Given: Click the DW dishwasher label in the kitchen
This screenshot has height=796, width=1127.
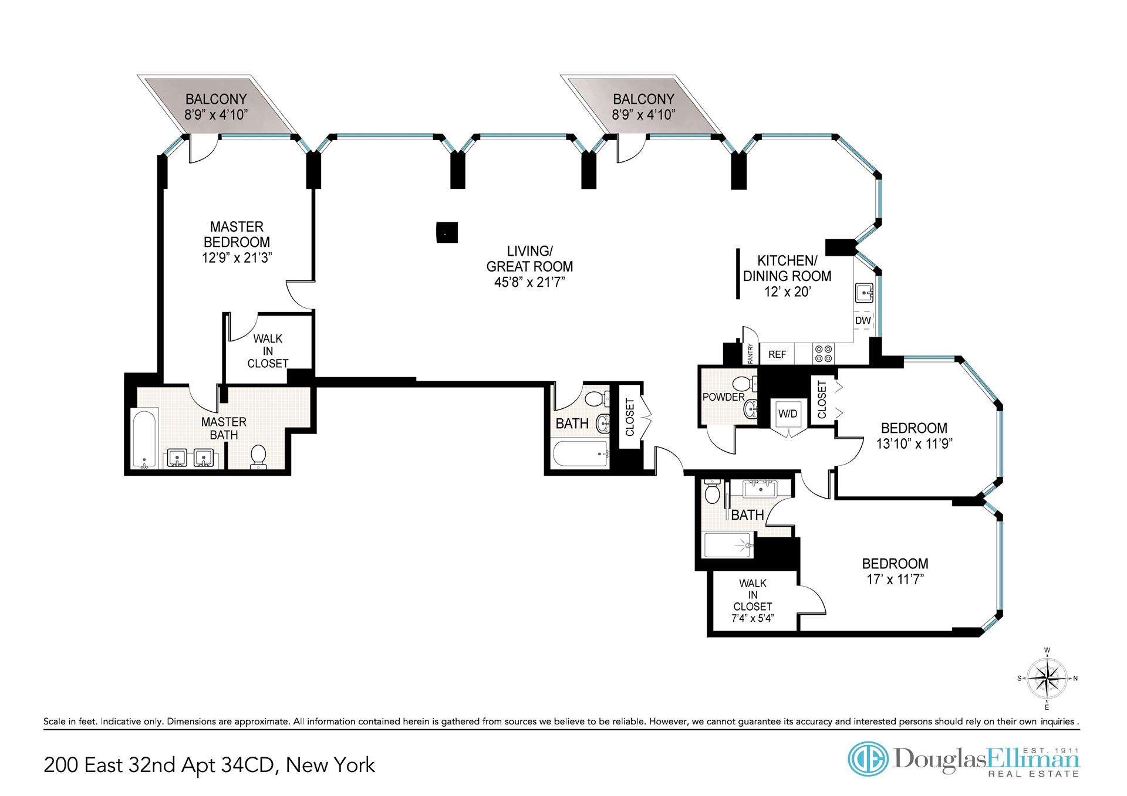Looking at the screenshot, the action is (863, 321).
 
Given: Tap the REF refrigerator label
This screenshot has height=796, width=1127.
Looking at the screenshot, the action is (777, 354).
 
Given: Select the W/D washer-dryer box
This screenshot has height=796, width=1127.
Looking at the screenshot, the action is (788, 414).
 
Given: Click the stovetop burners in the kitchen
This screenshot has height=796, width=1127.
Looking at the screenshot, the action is (823, 353).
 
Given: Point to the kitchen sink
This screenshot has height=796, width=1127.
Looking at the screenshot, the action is (863, 292).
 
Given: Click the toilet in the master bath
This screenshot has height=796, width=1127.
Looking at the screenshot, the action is (258, 456).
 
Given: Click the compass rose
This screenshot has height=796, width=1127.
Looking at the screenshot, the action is (1047, 679).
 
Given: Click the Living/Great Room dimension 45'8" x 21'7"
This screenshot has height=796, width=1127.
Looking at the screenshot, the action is (529, 282).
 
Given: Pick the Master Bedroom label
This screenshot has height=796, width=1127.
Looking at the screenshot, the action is (237, 234).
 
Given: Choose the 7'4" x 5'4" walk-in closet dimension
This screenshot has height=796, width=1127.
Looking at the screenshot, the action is (753, 618).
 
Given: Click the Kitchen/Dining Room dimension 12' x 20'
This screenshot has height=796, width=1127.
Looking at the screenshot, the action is (787, 292).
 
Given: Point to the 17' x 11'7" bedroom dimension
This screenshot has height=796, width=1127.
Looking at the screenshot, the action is (895, 580).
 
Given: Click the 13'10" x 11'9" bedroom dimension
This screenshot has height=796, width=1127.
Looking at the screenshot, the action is (914, 444).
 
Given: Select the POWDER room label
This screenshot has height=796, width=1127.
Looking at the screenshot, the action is (723, 397).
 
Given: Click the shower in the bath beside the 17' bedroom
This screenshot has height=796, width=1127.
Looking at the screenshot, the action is (728, 545).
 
